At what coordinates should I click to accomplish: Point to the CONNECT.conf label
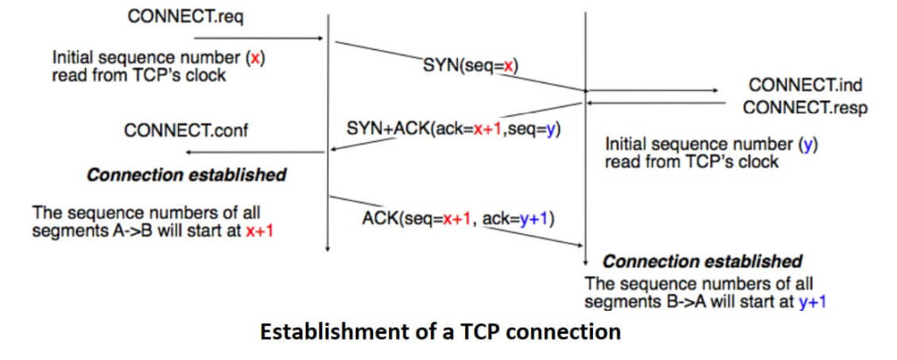pyautogui.click(x=185, y=131)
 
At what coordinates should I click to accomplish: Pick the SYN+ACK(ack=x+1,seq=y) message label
pyautogui.click(x=453, y=128)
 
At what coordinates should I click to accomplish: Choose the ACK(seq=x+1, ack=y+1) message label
pyautogui.click(x=458, y=216)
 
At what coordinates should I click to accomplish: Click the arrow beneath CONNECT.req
pyautogui.click(x=279, y=39)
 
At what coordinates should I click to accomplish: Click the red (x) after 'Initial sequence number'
pyautogui.click(x=255, y=58)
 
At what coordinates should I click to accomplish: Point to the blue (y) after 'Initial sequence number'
pyautogui.click(x=809, y=144)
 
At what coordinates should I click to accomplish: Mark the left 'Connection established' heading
pyautogui.click(x=186, y=175)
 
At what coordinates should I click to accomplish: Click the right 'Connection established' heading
pyautogui.click(x=702, y=261)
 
